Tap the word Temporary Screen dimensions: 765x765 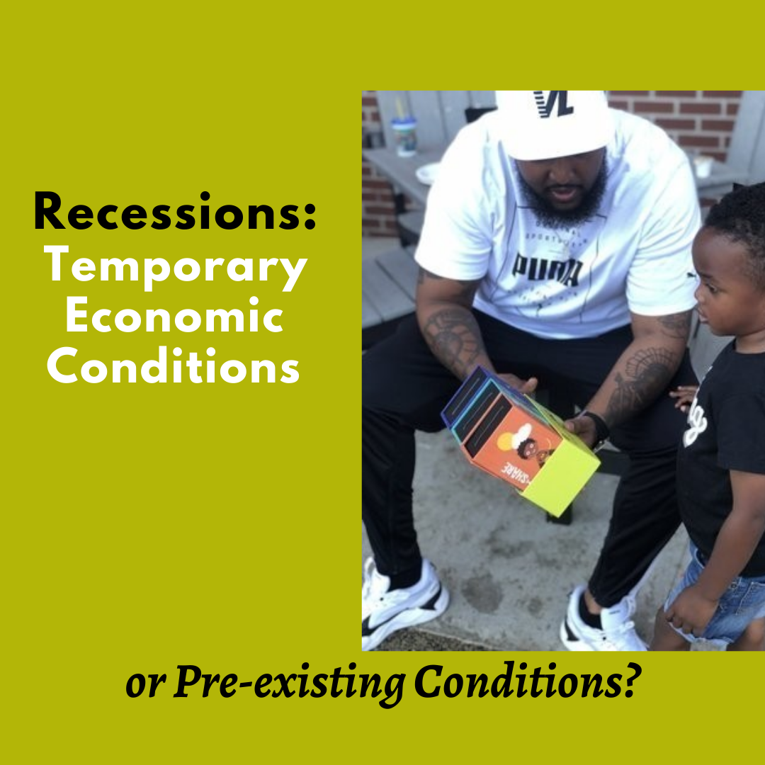pos(176,266)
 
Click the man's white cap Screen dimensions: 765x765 pos(555,124)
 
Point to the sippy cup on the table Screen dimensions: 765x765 pos(404,132)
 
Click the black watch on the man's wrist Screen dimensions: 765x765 pos(599,428)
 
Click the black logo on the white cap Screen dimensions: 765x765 pos(553,103)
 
